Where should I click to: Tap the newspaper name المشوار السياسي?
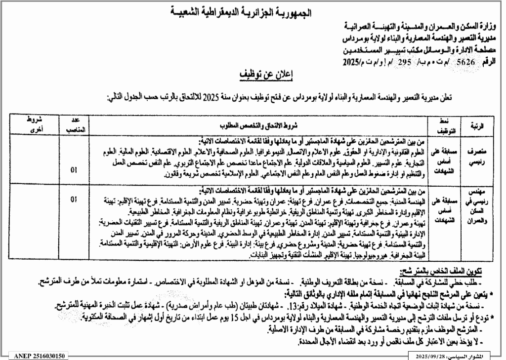pos(476,356)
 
